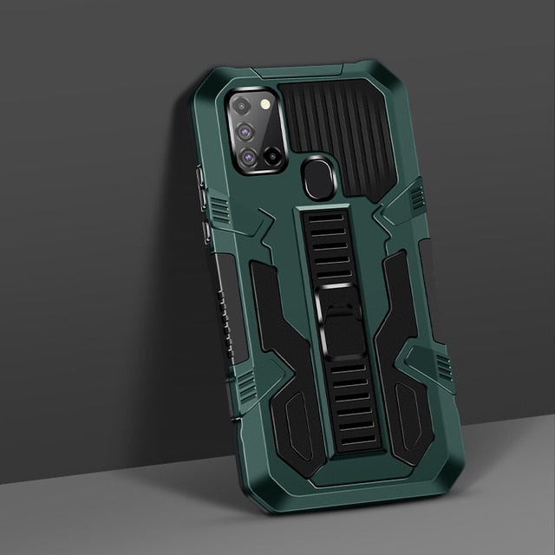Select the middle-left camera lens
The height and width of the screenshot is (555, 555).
(x=245, y=132)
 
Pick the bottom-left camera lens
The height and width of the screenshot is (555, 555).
(x=249, y=157)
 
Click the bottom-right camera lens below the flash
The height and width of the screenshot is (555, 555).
(x=272, y=157)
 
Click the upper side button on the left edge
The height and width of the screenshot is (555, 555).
(x=201, y=186)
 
